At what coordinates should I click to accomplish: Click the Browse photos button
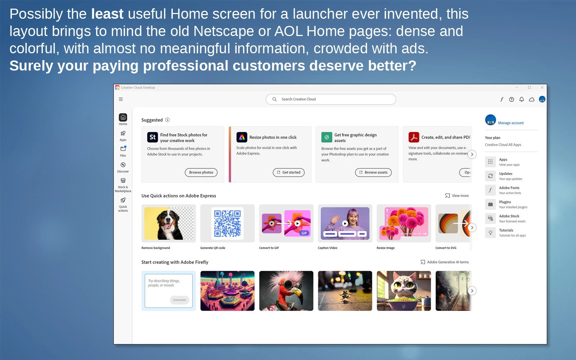[x=201, y=172]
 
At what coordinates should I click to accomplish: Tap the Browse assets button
[x=373, y=172]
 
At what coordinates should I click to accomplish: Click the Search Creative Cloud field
[x=331, y=99]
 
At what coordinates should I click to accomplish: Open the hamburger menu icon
[x=121, y=99]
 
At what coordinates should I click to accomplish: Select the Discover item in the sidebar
[x=123, y=167]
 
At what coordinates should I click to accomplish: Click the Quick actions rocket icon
[x=123, y=200]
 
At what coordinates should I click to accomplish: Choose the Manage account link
[x=511, y=123]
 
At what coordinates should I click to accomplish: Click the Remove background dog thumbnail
[x=169, y=224]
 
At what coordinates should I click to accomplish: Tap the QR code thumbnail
[x=227, y=224]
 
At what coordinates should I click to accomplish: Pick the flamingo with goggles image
[x=286, y=291]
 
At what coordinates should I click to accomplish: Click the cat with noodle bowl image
[x=404, y=291]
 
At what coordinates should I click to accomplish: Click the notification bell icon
[x=522, y=99]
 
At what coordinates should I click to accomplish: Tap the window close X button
[x=542, y=87]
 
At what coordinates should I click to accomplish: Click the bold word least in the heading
[x=107, y=14]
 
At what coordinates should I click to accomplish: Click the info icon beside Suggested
[x=167, y=120]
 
